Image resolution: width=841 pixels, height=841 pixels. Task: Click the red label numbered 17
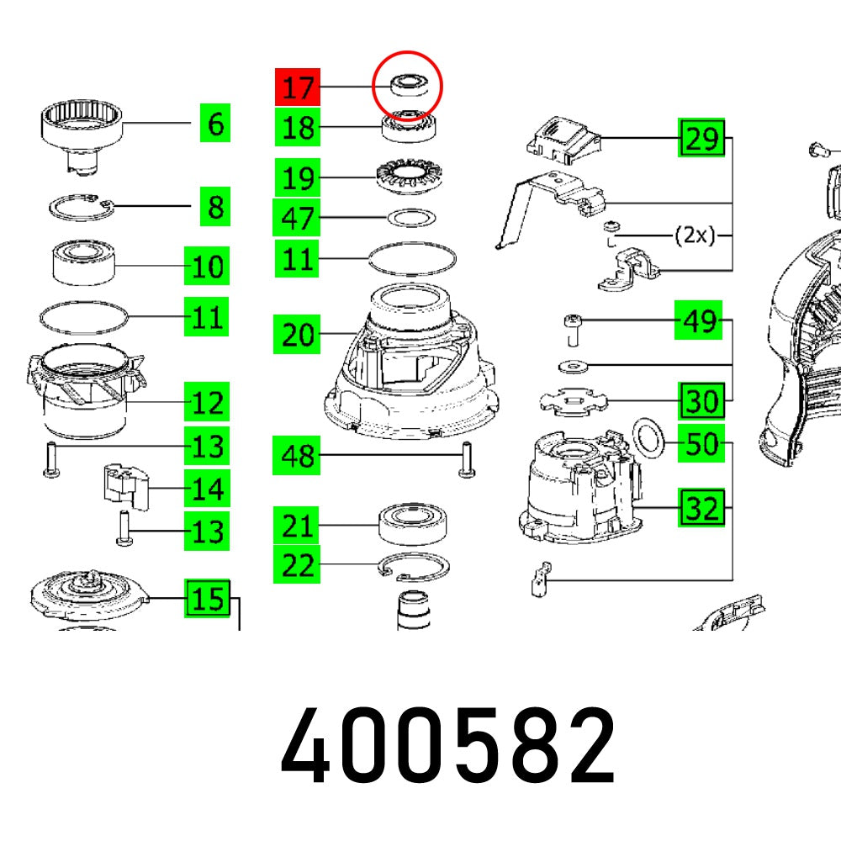[298, 87]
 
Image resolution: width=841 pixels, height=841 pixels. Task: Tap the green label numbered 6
[215, 123]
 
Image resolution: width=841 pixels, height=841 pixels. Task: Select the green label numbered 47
[297, 217]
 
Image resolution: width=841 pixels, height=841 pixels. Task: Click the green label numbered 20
[297, 334]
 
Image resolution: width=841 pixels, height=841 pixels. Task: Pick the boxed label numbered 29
[701, 138]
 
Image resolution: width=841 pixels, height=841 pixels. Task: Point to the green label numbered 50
[701, 443]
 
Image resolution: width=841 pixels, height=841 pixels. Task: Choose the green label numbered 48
[297, 455]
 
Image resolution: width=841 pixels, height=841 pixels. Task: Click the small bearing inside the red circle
[408, 86]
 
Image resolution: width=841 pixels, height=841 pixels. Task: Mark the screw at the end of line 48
[467, 459]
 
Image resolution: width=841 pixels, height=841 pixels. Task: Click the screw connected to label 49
[572, 331]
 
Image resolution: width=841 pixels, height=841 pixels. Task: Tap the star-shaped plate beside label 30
[574, 402]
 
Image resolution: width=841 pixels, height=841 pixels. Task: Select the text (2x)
[695, 235]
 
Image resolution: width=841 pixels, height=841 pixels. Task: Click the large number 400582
[448, 745]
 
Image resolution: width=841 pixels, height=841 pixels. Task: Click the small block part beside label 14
[125, 487]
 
